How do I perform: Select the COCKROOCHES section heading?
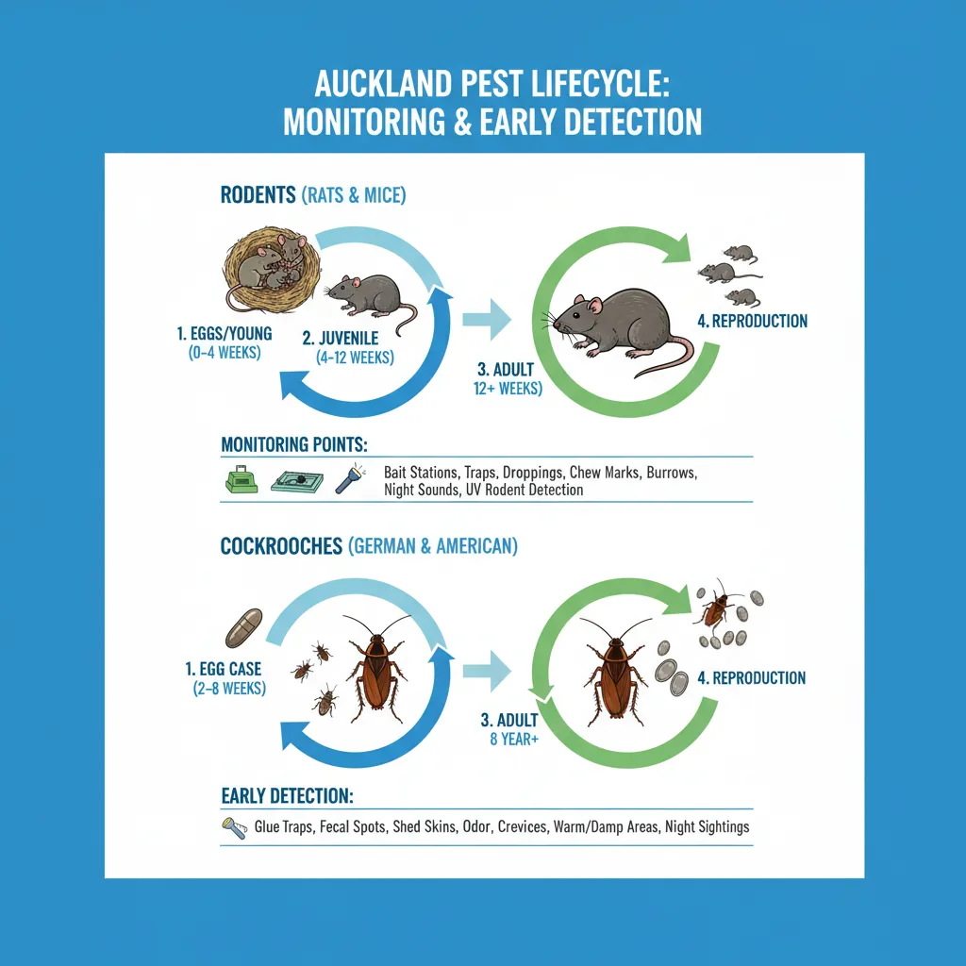[280, 545]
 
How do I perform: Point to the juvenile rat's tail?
[407, 321]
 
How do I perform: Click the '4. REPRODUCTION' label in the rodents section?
[752, 321]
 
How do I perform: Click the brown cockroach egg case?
[243, 626]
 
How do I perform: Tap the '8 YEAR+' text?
[514, 740]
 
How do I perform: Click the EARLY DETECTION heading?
[287, 796]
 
